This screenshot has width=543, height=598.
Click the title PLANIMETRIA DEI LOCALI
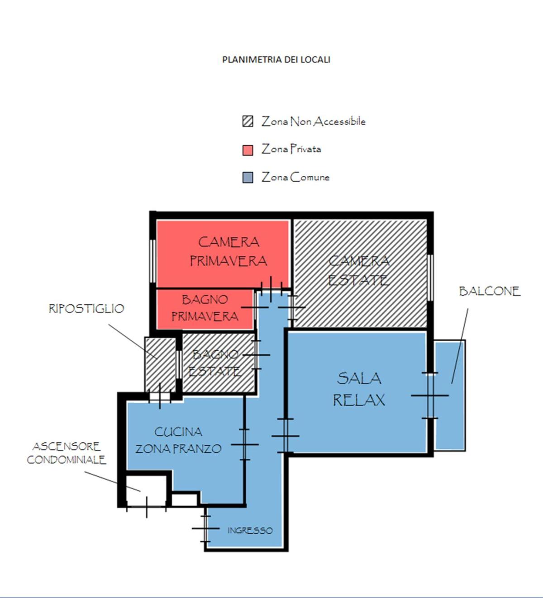(x=276, y=60)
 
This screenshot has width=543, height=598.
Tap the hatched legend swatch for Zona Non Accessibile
(x=248, y=121)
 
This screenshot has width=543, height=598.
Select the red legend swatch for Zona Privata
(x=248, y=150)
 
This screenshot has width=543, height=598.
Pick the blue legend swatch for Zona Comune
(x=248, y=177)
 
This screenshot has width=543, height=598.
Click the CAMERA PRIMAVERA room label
(x=229, y=251)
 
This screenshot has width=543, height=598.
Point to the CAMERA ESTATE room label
(x=359, y=270)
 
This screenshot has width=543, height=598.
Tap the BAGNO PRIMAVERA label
(x=205, y=308)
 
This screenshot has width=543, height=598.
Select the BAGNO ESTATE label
(x=215, y=363)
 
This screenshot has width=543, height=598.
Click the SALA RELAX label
(x=359, y=389)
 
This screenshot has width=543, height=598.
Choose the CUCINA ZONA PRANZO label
(x=178, y=440)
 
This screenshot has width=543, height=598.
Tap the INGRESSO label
(x=250, y=531)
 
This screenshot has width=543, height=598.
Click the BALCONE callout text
(x=490, y=291)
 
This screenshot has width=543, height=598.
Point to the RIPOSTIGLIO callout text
(x=86, y=309)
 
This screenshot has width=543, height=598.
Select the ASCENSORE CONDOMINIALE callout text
(x=66, y=453)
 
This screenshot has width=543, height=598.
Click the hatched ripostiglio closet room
(x=160, y=364)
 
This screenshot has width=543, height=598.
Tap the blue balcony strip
(x=449, y=396)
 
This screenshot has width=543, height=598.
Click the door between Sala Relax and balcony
(x=430, y=396)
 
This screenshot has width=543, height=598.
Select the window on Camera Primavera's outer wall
(x=152, y=261)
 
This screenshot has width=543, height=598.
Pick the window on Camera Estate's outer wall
(x=430, y=278)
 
